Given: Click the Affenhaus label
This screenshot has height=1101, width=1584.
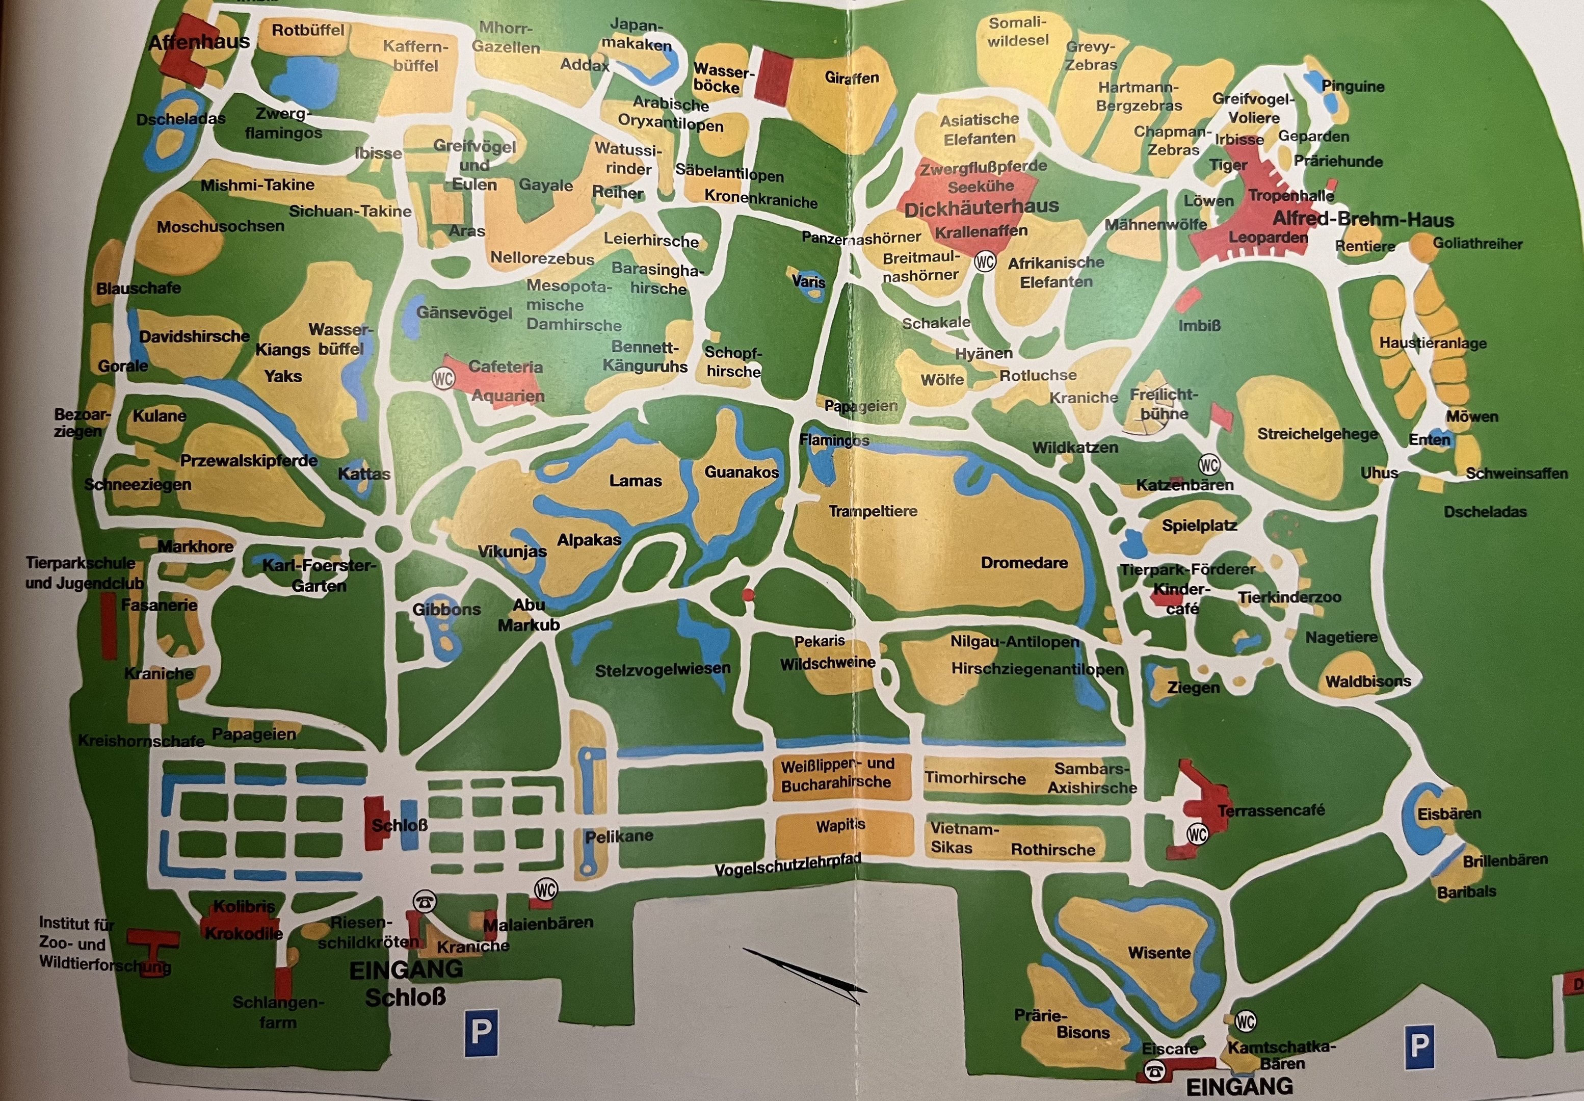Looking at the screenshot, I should [199, 42].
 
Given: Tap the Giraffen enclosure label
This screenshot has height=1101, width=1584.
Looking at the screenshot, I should [852, 78].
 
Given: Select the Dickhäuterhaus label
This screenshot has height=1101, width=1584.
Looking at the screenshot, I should [981, 206].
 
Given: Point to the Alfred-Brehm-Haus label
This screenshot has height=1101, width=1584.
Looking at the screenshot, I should [1363, 220].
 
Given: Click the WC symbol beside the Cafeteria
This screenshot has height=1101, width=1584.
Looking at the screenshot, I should [443, 378].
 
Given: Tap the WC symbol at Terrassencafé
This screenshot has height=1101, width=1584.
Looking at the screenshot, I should [1197, 835].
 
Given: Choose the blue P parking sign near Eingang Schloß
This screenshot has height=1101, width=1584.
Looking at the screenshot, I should [481, 1033].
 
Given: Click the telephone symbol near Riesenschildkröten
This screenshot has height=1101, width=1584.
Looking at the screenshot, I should [424, 902].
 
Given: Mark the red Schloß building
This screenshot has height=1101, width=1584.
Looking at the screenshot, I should [375, 823].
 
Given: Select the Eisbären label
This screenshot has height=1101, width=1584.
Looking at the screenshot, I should [1449, 814].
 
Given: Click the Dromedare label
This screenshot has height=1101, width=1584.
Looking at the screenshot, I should [1024, 562].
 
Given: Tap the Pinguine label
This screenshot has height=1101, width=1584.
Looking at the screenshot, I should [1352, 86].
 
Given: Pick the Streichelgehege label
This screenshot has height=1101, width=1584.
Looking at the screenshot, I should [1317, 434].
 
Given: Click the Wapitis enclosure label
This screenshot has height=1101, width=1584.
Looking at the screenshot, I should [840, 825].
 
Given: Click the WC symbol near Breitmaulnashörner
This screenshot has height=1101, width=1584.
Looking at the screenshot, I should [985, 262].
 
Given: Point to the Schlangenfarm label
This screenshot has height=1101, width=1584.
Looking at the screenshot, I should [278, 1012].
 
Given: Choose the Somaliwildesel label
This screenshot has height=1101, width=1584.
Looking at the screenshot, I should [1017, 31].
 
